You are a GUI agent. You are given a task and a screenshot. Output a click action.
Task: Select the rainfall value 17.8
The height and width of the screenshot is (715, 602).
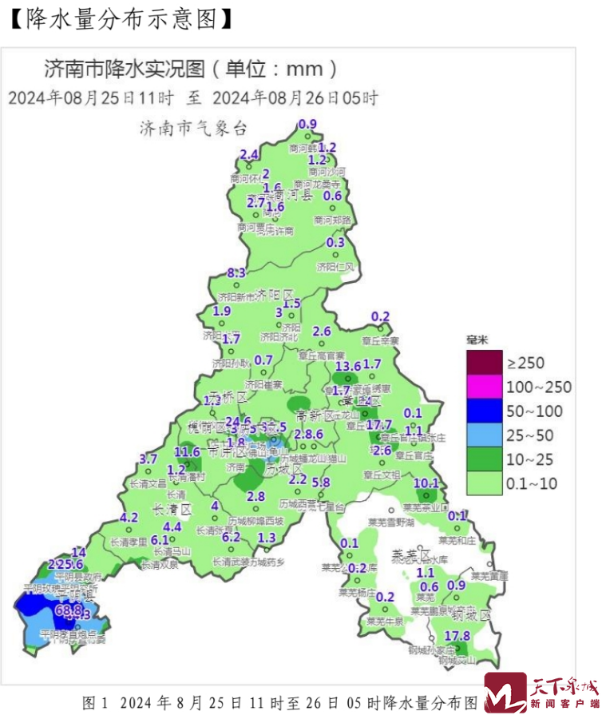(457, 636)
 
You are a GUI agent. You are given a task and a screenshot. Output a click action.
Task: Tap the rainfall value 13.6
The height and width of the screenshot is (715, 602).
(348, 366)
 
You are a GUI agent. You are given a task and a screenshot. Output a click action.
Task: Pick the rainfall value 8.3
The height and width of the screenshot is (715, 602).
(236, 273)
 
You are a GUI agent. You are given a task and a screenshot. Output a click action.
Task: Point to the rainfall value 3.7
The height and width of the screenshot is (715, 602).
(149, 459)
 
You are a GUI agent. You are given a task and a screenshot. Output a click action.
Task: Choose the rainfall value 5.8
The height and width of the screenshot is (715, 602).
(321, 482)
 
